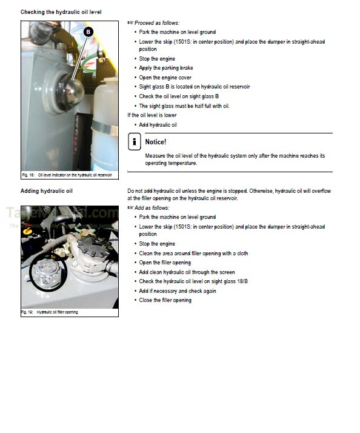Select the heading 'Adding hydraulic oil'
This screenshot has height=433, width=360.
click(x=47, y=191)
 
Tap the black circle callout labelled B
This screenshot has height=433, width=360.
click(x=88, y=32)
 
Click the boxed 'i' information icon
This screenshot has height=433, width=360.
click(x=134, y=142)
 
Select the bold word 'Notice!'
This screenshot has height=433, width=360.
click(x=156, y=142)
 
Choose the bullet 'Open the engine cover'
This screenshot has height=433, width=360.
click(x=165, y=77)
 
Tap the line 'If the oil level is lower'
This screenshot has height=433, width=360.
click(x=152, y=115)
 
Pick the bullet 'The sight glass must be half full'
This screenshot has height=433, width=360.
click(x=184, y=106)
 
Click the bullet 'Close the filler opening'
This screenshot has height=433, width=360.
click(x=165, y=300)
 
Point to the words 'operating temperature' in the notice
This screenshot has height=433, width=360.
click(x=172, y=163)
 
